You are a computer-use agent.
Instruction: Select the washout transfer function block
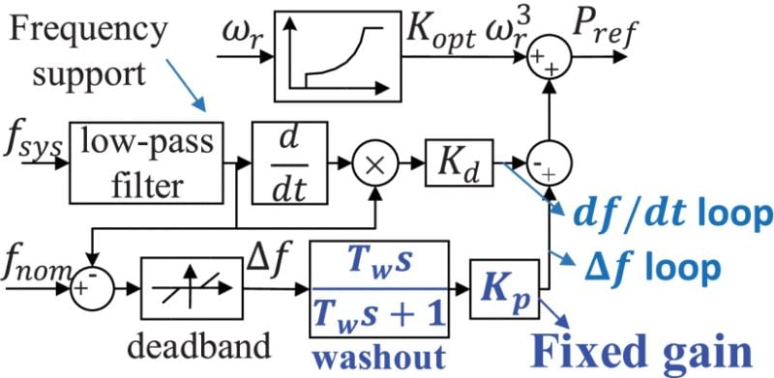coord(380,287)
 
